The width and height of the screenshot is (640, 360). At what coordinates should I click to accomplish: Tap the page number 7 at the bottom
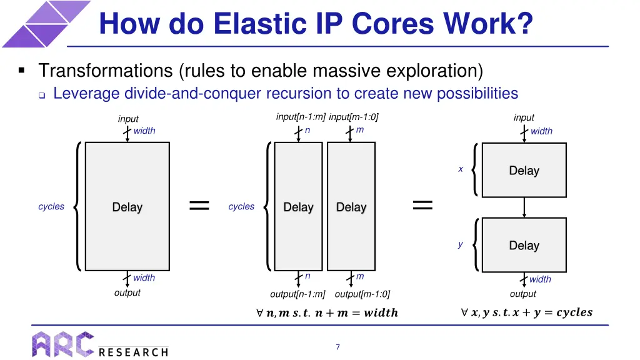click(x=337, y=347)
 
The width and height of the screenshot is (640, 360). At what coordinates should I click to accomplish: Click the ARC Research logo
click(x=100, y=344)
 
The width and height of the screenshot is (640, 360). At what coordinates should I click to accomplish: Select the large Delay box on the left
click(x=127, y=207)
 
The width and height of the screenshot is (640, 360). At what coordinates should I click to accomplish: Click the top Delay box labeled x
click(x=524, y=171)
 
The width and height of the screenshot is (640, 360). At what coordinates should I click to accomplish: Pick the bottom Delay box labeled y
click(x=524, y=246)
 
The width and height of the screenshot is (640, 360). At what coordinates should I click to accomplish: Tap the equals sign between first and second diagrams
click(x=199, y=205)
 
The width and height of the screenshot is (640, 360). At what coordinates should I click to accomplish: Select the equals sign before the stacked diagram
click(x=422, y=204)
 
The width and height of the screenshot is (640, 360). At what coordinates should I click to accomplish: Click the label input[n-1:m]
click(x=301, y=117)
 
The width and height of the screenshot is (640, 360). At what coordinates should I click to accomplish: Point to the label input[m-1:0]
click(x=354, y=117)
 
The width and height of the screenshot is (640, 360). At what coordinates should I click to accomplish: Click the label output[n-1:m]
click(x=297, y=294)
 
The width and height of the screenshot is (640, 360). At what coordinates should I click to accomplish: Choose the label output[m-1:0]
click(x=362, y=294)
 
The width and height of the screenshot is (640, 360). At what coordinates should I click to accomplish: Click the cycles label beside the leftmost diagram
click(x=51, y=207)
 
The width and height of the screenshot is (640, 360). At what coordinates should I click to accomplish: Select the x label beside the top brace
click(x=461, y=169)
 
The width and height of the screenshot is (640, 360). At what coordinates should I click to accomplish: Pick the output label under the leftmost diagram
click(x=127, y=292)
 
